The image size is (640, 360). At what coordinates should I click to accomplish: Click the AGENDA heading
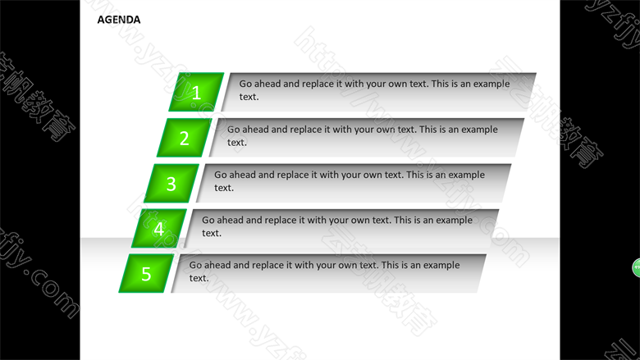[x=119, y=20]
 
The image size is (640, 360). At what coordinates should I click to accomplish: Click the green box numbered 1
[x=196, y=92]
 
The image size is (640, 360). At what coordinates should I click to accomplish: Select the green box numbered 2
[x=184, y=138]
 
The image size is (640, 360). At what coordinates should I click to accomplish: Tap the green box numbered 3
[x=171, y=183]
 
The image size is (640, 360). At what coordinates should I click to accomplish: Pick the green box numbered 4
[x=159, y=228]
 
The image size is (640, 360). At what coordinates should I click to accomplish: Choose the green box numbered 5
[x=147, y=273]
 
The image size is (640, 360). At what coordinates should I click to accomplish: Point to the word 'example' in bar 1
[x=491, y=84]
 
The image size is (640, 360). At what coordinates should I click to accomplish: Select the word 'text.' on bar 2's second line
[x=237, y=143]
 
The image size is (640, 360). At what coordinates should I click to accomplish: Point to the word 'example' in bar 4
[x=455, y=221]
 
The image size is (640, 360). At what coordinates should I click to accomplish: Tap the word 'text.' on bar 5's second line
[x=199, y=278]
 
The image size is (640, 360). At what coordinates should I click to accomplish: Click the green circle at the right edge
[x=637, y=268]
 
